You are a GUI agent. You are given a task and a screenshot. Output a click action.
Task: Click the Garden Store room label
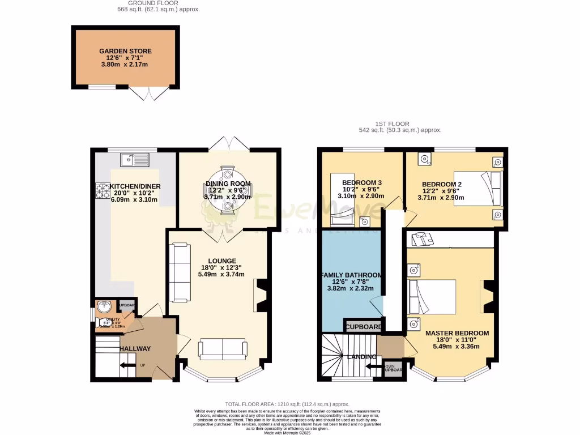[x=125, y=51]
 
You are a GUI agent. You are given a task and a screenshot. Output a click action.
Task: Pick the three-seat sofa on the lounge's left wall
[x=180, y=272]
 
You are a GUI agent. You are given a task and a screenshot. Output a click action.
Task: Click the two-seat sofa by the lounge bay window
[x=223, y=349]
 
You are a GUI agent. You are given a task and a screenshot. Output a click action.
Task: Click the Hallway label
[x=135, y=348]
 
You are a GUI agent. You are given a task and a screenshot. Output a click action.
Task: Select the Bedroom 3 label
[x=362, y=182]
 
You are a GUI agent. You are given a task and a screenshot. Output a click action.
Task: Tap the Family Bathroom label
[x=351, y=275]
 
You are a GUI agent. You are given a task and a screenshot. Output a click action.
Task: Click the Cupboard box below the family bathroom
[x=363, y=327]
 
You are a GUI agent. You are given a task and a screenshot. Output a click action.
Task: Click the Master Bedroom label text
[x=457, y=333]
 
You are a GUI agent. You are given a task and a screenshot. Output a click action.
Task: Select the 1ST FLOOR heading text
[x=392, y=123]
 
